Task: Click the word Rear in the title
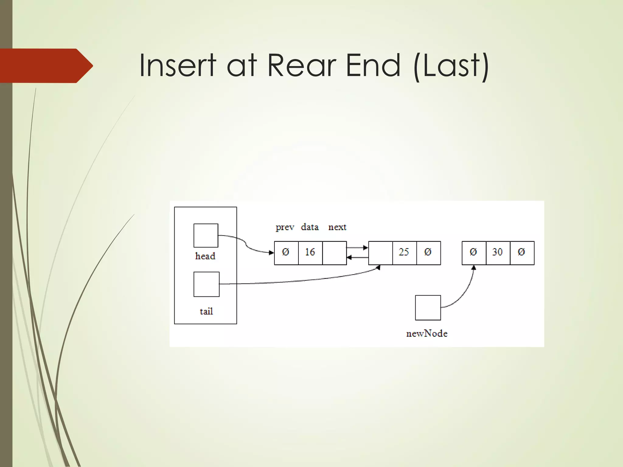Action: click(x=302, y=65)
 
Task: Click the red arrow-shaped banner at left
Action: click(x=46, y=66)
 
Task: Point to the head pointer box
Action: click(x=206, y=236)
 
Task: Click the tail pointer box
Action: click(x=206, y=284)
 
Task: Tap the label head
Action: click(x=205, y=256)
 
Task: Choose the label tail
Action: click(x=206, y=311)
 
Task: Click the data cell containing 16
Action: click(x=310, y=253)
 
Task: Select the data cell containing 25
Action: click(x=404, y=253)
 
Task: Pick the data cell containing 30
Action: click(x=498, y=253)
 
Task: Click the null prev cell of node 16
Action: click(x=286, y=253)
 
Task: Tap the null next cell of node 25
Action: click(x=428, y=253)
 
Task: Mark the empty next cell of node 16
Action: click(x=334, y=253)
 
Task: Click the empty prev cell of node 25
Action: click(x=380, y=253)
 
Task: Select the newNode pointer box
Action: click(x=428, y=308)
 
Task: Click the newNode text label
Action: click(x=427, y=334)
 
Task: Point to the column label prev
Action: click(x=285, y=227)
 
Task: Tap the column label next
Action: click(x=337, y=227)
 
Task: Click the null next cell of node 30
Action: click(x=522, y=253)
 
